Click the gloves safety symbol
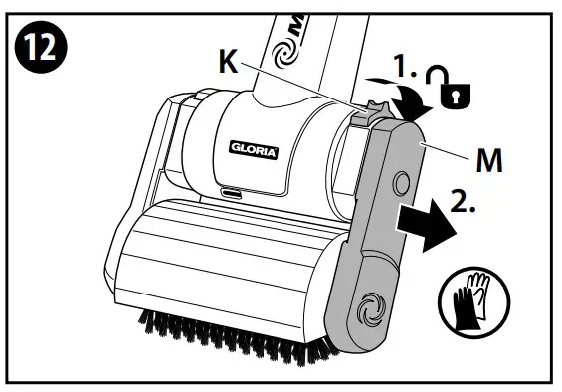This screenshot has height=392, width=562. tap(472, 297)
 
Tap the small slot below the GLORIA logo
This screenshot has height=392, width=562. tap(231, 191)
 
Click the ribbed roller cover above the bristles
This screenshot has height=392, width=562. tap(219, 259)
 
